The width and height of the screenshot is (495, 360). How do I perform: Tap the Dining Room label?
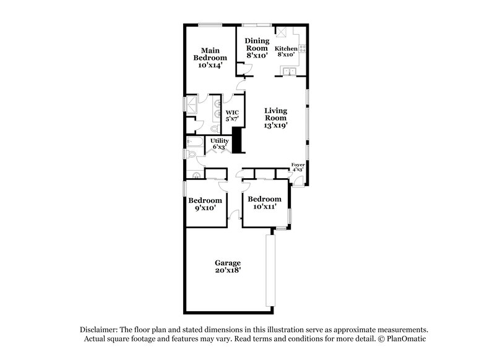tap(257, 48)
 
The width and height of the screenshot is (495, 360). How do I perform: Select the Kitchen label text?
tap(286, 51)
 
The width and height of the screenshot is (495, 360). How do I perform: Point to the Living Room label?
tap(275, 118)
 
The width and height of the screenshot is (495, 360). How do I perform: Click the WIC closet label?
tap(232, 116)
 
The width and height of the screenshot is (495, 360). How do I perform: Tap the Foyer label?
tap(298, 167)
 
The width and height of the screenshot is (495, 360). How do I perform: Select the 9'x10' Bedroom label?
tap(205, 204)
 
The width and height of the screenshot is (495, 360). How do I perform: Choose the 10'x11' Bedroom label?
tap(264, 203)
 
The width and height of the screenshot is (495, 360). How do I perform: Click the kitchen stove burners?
tap(303, 48)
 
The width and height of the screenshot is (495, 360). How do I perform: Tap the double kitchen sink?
tap(288, 73)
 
